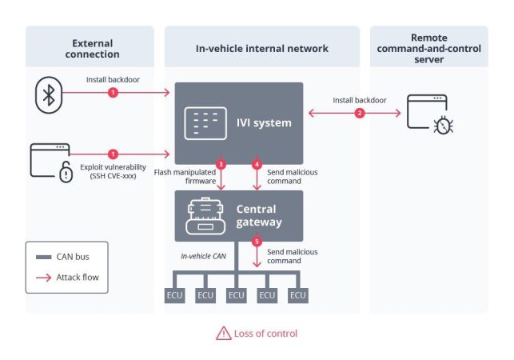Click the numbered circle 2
(x=359, y=114)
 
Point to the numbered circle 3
(x=221, y=164)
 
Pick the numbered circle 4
(x=257, y=164)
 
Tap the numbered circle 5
(x=257, y=242)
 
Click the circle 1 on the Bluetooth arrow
(x=113, y=93)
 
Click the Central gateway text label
(x=258, y=216)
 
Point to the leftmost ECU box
(x=174, y=295)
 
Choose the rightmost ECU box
(x=298, y=295)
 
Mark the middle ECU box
(x=237, y=295)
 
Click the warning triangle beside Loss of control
(x=223, y=333)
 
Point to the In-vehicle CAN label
(x=205, y=255)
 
